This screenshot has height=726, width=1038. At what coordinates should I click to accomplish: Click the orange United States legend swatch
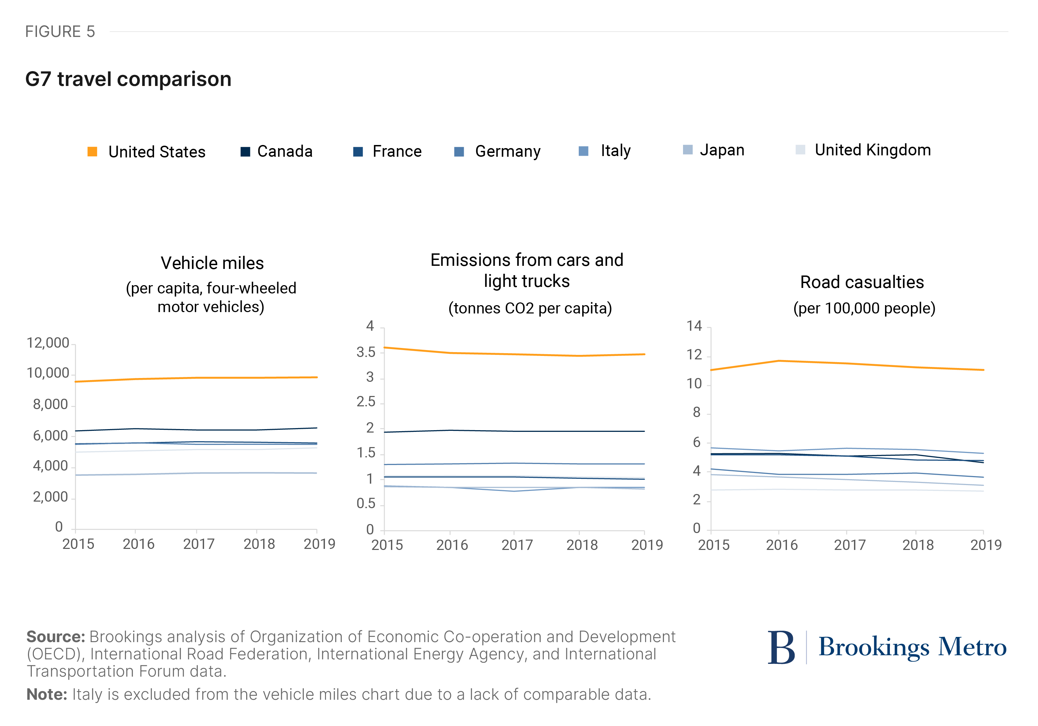[92, 152]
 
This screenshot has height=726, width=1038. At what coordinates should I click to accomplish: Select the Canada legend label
[285, 152]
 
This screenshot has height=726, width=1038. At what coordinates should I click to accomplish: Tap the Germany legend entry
[507, 152]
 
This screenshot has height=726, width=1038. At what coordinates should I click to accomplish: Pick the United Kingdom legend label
[872, 150]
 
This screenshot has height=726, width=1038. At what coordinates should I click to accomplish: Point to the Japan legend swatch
[687, 150]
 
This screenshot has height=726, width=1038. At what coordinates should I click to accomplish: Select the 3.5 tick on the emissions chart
[366, 352]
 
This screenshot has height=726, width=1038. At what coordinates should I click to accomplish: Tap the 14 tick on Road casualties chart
[694, 326]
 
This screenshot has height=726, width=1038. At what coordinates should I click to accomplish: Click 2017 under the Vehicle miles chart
[199, 544]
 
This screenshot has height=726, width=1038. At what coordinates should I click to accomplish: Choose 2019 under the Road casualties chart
[986, 545]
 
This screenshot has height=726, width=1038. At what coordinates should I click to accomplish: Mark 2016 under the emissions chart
[452, 545]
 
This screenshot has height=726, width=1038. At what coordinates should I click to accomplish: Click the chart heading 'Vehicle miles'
[212, 263]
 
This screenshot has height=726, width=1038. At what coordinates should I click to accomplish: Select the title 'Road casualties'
[862, 282]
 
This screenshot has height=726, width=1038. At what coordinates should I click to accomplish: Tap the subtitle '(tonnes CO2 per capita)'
[530, 308]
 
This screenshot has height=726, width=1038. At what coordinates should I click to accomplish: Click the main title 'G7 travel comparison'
[128, 79]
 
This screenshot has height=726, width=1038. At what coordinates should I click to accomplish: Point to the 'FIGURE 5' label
[60, 32]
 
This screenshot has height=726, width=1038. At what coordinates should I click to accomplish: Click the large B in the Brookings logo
[781, 647]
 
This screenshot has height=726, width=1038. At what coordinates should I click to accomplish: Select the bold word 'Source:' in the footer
[56, 637]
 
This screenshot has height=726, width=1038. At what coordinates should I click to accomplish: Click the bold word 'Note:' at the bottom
[47, 694]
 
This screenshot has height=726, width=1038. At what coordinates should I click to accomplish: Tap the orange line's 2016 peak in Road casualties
[778, 361]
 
